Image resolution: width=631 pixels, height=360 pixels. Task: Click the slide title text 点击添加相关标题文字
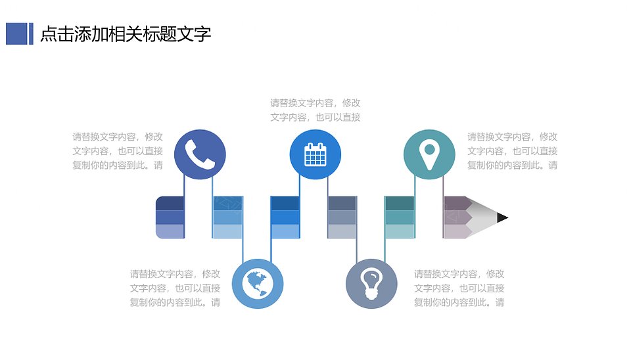coord(126,34)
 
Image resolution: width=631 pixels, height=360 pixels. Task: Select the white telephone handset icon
coord(200,154)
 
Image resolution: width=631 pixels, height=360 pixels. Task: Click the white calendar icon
coord(315,154)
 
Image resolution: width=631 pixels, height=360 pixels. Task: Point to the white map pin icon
coord(429,155)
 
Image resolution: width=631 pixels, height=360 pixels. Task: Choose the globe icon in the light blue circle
coord(258,284)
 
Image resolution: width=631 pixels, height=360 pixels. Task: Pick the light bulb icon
coord(371,284)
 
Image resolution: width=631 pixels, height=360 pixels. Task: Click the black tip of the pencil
coord(502,217)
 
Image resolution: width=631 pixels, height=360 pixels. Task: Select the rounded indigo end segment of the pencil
coord(170,217)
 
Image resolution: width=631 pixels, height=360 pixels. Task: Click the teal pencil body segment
coord(400,217)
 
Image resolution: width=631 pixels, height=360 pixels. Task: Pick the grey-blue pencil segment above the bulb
coord(342,217)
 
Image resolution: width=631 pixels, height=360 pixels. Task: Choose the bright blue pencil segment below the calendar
coord(285,217)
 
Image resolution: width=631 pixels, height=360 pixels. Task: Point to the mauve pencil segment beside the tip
coord(457,217)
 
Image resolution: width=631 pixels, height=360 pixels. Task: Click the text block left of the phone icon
coord(118,151)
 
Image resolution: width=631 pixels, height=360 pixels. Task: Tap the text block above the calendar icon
coord(315,110)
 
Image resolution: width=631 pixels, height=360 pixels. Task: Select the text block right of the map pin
coord(512,151)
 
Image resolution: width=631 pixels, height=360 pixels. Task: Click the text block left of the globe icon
coord(175,288)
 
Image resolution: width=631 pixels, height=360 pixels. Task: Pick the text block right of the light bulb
coord(459,288)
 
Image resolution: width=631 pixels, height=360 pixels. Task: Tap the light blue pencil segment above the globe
coord(227,217)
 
